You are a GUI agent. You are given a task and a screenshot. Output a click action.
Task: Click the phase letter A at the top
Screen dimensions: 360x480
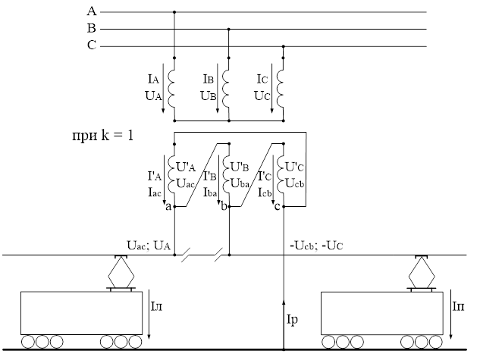point(92,11)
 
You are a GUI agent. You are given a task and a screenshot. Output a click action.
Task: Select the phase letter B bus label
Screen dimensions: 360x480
point(92,28)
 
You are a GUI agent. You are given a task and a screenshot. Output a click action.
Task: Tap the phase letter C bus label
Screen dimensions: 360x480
point(92,45)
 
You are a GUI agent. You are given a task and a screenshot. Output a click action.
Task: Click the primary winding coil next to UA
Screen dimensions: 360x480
point(173,86)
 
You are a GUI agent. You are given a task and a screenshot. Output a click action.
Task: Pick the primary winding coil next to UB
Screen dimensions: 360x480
point(227,86)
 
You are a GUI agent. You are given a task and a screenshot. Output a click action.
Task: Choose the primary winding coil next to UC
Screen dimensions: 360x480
point(281,86)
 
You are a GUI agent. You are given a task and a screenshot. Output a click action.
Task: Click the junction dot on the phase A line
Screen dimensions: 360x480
point(174,11)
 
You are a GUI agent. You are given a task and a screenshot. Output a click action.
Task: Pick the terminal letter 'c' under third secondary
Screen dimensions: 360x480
point(276,207)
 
